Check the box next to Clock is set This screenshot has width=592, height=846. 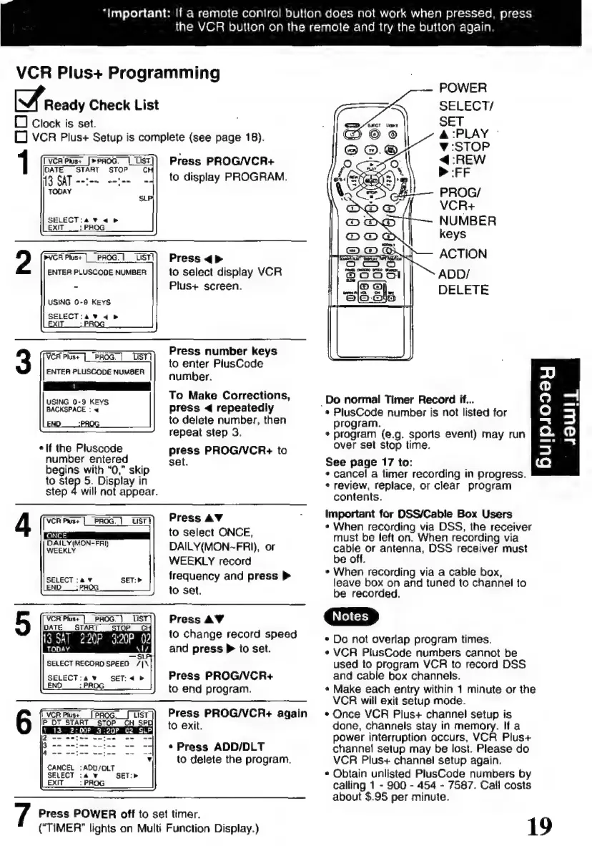(x=20, y=124)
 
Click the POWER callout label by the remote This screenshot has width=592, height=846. (x=463, y=88)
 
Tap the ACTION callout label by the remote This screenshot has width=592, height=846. (x=463, y=253)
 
